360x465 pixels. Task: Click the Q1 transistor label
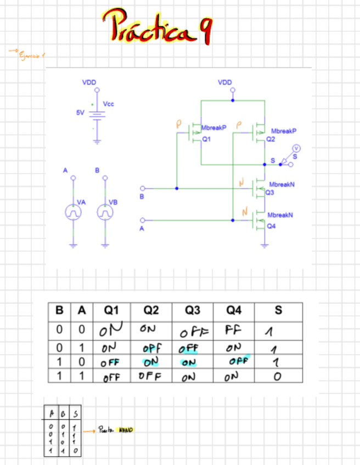pyautogui.click(x=206, y=139)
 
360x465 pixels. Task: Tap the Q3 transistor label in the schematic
pyautogui.click(x=270, y=193)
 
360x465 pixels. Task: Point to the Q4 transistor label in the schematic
pyautogui.click(x=271, y=225)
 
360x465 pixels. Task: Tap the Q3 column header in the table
pyautogui.click(x=192, y=310)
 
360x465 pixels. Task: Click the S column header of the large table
pyautogui.click(x=278, y=310)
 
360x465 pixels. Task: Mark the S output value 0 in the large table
pyautogui.click(x=278, y=377)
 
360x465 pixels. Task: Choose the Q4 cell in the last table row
pyautogui.click(x=232, y=377)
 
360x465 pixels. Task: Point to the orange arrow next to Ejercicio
pyautogui.click(x=12, y=52)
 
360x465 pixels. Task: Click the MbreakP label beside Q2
pyautogui.click(x=284, y=132)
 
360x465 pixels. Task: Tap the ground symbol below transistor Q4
pyautogui.click(x=265, y=245)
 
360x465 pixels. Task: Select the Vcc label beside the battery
pyautogui.click(x=109, y=104)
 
